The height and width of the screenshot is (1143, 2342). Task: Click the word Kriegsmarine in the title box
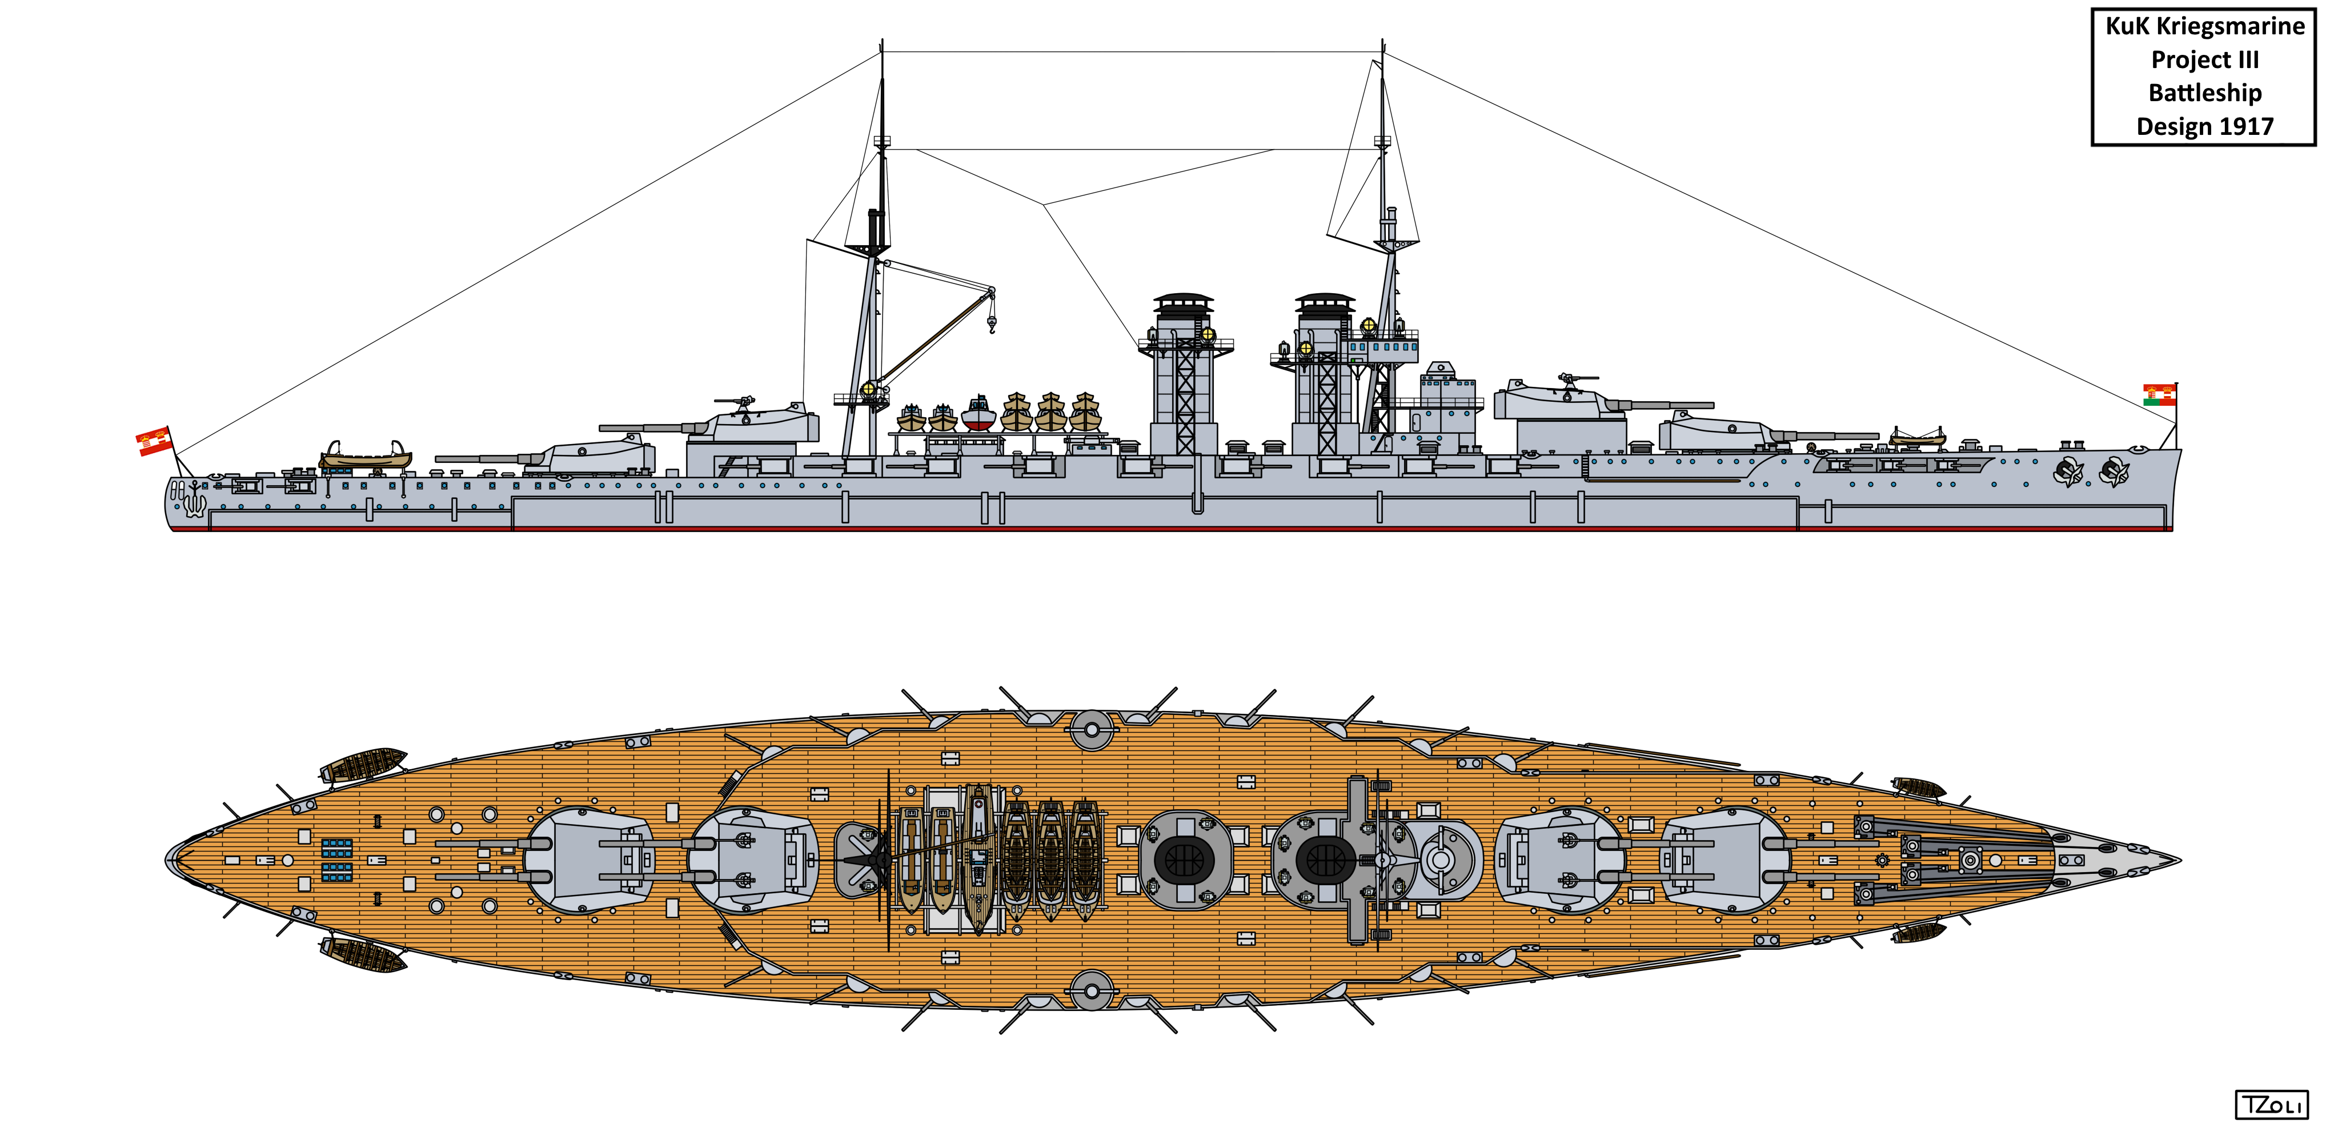tap(2229, 26)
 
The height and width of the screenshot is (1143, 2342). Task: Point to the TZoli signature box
tap(2270, 1104)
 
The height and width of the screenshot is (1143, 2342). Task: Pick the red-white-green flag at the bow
tap(2159, 395)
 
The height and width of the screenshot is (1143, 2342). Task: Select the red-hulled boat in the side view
tap(977, 415)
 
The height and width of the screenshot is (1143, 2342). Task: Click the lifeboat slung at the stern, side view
tap(364, 455)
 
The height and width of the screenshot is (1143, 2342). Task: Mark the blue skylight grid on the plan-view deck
tap(336, 860)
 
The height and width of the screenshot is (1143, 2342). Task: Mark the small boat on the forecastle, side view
tap(1918, 438)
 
